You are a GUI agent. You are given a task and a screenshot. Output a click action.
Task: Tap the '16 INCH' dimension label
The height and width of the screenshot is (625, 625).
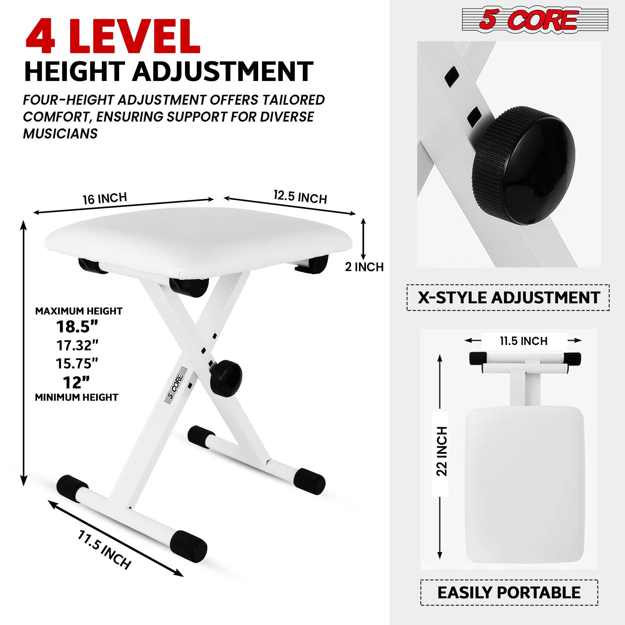105,198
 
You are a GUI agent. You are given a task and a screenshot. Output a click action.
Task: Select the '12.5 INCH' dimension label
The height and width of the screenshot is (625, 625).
300,197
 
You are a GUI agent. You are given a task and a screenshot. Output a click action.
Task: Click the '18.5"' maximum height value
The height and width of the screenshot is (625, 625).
77,327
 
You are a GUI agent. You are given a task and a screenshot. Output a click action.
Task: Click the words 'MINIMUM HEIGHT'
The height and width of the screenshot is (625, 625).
77,397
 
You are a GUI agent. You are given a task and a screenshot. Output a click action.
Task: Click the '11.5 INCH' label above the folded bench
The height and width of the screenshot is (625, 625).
523,341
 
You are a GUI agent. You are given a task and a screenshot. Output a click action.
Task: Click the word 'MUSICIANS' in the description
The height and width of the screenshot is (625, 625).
60,133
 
